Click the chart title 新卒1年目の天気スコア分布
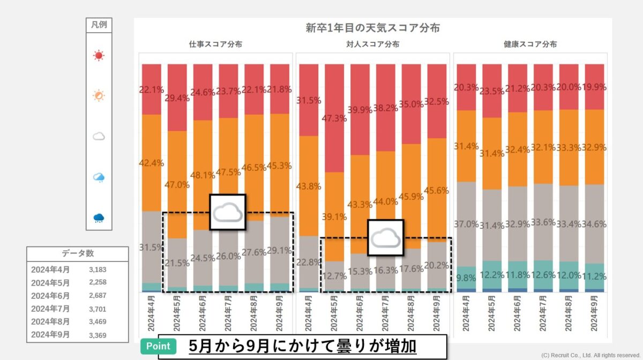click(x=372, y=28)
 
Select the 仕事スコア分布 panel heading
click(x=215, y=44)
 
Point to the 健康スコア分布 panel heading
click(x=530, y=44)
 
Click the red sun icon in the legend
click(x=99, y=55)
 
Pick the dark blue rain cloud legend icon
click(x=99, y=217)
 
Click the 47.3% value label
click(x=335, y=118)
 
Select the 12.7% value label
click(x=335, y=276)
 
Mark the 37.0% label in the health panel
click(x=466, y=224)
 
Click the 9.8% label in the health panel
click(x=466, y=277)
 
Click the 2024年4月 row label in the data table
click(x=50, y=269)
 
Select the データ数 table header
click(x=78, y=253)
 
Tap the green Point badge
click(x=159, y=347)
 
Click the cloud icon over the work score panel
click(x=227, y=213)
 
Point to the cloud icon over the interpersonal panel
click(x=385, y=237)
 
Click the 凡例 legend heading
click(x=99, y=25)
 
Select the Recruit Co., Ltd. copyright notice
click(x=590, y=355)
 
